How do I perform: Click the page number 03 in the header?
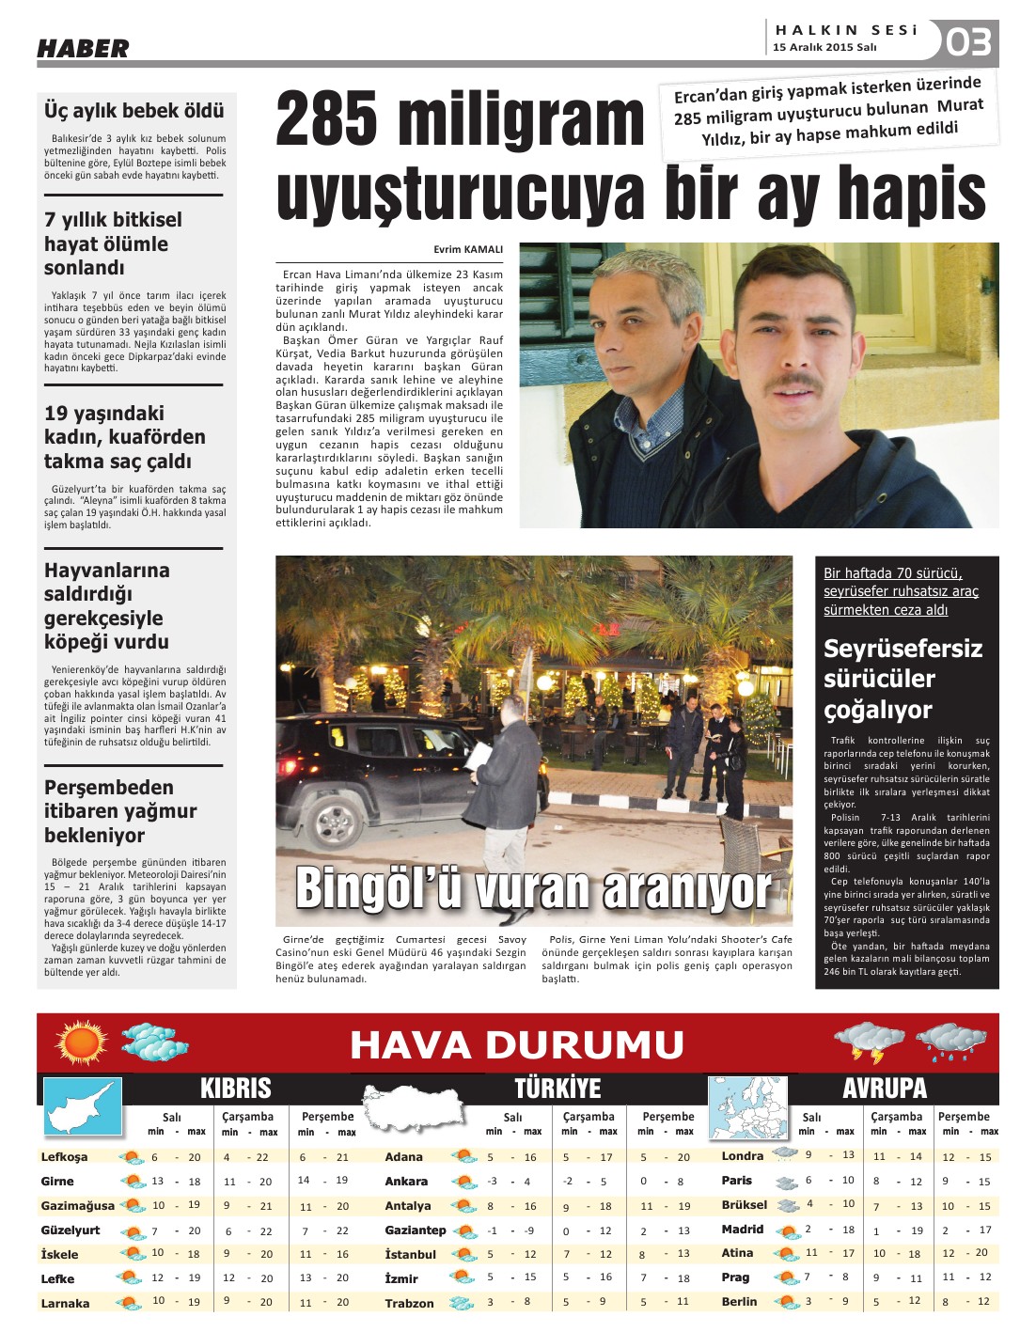click(x=968, y=42)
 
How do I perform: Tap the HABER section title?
click(x=83, y=48)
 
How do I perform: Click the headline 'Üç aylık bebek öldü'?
click(x=134, y=111)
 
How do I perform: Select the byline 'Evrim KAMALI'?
click(x=468, y=249)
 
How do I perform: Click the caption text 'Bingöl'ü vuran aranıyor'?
click(x=533, y=888)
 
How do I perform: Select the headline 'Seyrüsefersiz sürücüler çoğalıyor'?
click(x=903, y=679)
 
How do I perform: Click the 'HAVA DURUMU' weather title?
click(x=517, y=1044)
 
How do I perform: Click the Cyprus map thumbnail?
click(x=83, y=1107)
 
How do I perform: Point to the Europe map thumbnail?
click(x=746, y=1108)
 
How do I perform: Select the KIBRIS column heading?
click(x=235, y=1089)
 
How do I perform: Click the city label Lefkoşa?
click(x=64, y=1157)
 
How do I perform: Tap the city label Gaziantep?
click(x=415, y=1230)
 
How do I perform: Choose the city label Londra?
click(x=742, y=1155)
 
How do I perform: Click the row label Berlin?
click(x=739, y=1302)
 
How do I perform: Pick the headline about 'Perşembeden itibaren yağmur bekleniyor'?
click(x=120, y=811)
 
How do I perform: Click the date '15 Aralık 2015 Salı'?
click(x=824, y=48)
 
